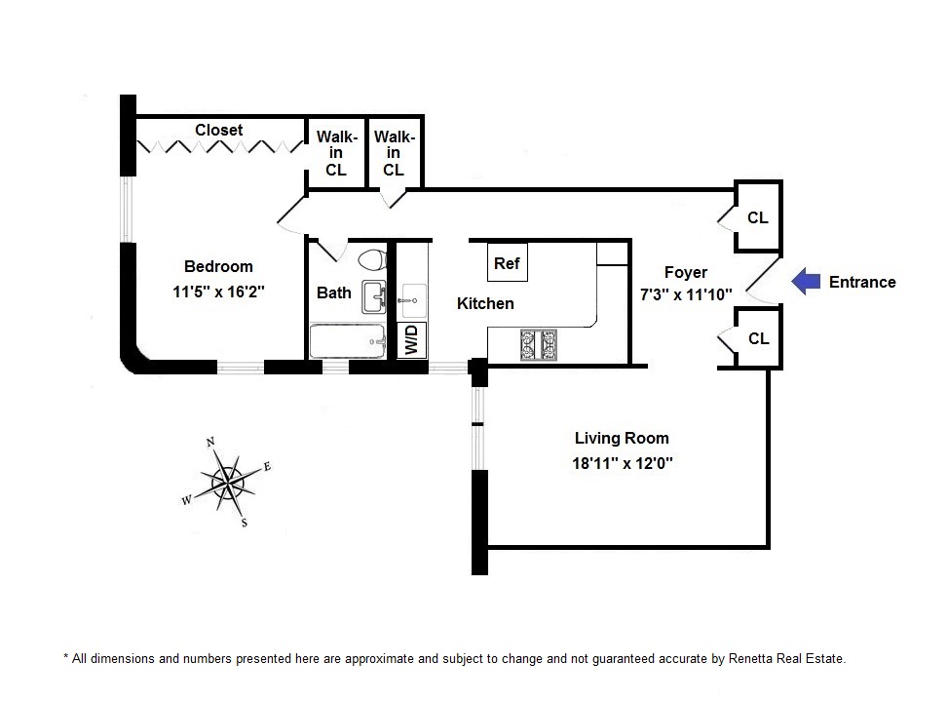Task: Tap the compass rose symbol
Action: click(227, 480)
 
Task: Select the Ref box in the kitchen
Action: click(507, 263)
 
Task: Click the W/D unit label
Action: click(412, 339)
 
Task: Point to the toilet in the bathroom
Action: click(370, 260)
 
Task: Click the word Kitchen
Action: click(485, 303)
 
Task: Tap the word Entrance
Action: click(862, 283)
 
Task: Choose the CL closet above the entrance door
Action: click(758, 218)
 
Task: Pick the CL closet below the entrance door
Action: click(758, 339)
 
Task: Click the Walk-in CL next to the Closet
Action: click(336, 153)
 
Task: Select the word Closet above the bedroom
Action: click(218, 130)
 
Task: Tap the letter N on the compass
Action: click(210, 442)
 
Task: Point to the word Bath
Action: click(334, 292)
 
